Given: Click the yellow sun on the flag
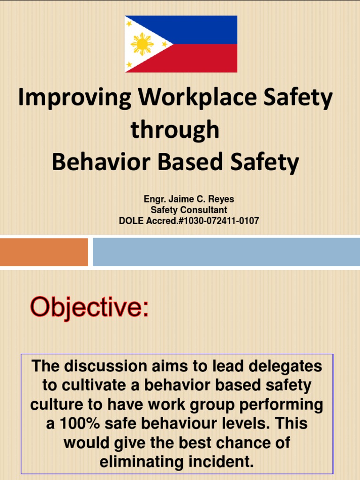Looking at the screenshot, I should coord(142,44).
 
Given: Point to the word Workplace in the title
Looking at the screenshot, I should coord(193,98).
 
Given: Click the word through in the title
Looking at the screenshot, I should coord(175,130).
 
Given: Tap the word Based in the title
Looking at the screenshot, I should coord(185,162).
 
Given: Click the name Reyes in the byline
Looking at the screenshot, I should coord(222,200).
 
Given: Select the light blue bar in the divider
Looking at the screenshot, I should coord(226,252).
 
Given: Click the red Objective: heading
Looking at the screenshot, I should coord(89,307).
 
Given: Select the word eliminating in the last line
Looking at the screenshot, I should coord(145,462).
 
